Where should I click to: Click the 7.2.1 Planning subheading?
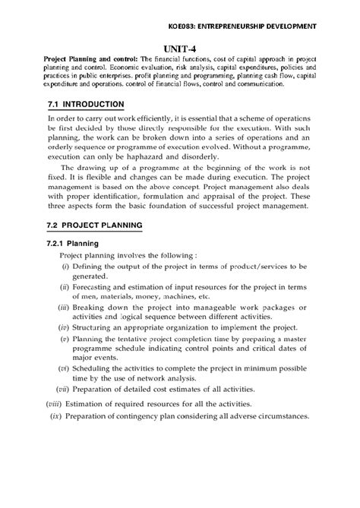[x=81, y=244]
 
